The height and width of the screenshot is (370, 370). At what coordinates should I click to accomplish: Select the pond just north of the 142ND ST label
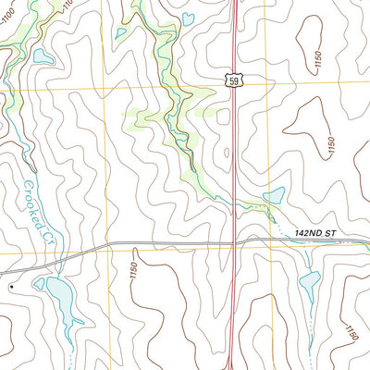coord(274,196)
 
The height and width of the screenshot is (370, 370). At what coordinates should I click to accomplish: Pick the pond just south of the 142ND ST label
coord(309,280)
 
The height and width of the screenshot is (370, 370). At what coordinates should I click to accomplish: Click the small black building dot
coord(11,288)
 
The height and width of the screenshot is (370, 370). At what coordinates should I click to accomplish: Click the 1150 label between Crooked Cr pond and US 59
coord(133,270)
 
